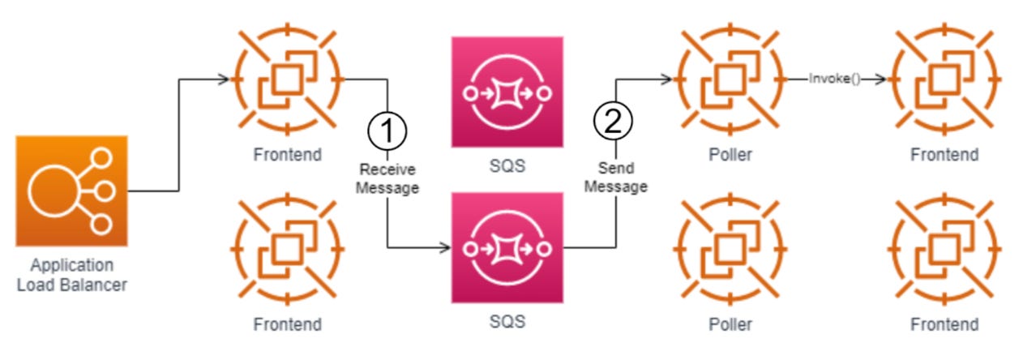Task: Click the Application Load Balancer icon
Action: (x=71, y=191)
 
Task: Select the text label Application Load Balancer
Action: (x=71, y=275)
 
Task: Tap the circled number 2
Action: (x=614, y=122)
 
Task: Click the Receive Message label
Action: (x=388, y=178)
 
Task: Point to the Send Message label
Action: (x=615, y=178)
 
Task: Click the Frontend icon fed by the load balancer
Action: (x=288, y=79)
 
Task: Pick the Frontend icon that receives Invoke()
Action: (x=944, y=79)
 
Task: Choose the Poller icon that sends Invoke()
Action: (x=730, y=79)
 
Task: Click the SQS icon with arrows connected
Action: (x=507, y=247)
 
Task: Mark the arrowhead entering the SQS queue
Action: (x=446, y=247)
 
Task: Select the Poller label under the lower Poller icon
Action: (x=730, y=324)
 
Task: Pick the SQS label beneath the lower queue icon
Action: (x=507, y=321)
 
